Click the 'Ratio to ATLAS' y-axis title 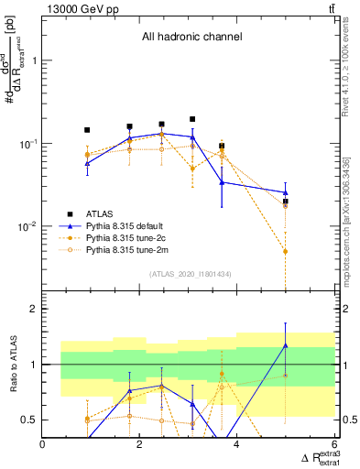[12, 365]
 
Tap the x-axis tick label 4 [237, 444]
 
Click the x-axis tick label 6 [334, 444]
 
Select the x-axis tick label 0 [43, 444]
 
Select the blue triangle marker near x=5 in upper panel [286, 192]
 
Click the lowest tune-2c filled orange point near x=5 [286, 251]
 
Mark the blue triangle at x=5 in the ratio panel [286, 345]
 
